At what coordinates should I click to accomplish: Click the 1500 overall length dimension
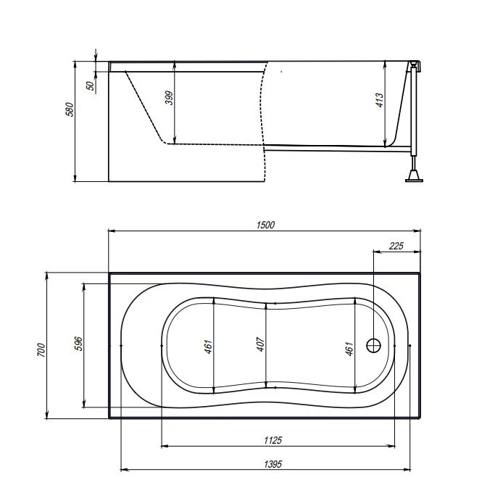[x=265, y=225]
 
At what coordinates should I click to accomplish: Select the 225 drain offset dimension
[x=396, y=246]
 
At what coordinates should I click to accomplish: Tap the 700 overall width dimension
[x=41, y=349]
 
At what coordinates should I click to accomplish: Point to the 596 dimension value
[x=78, y=344]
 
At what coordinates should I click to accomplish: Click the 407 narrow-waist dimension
[x=261, y=344]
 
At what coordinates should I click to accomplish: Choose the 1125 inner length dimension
[x=273, y=440]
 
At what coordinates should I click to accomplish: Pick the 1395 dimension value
[x=273, y=464]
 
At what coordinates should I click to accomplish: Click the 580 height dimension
[x=70, y=109]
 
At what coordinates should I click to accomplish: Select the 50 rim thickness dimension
[x=91, y=86]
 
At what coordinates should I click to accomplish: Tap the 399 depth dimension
[x=169, y=98]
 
